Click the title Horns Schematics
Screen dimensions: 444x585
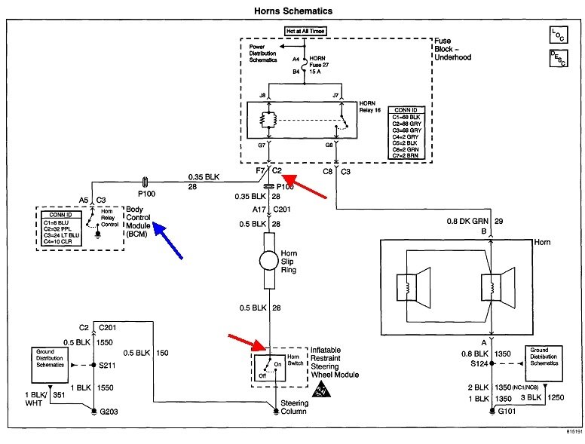292,11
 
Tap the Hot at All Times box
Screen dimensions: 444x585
305,32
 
